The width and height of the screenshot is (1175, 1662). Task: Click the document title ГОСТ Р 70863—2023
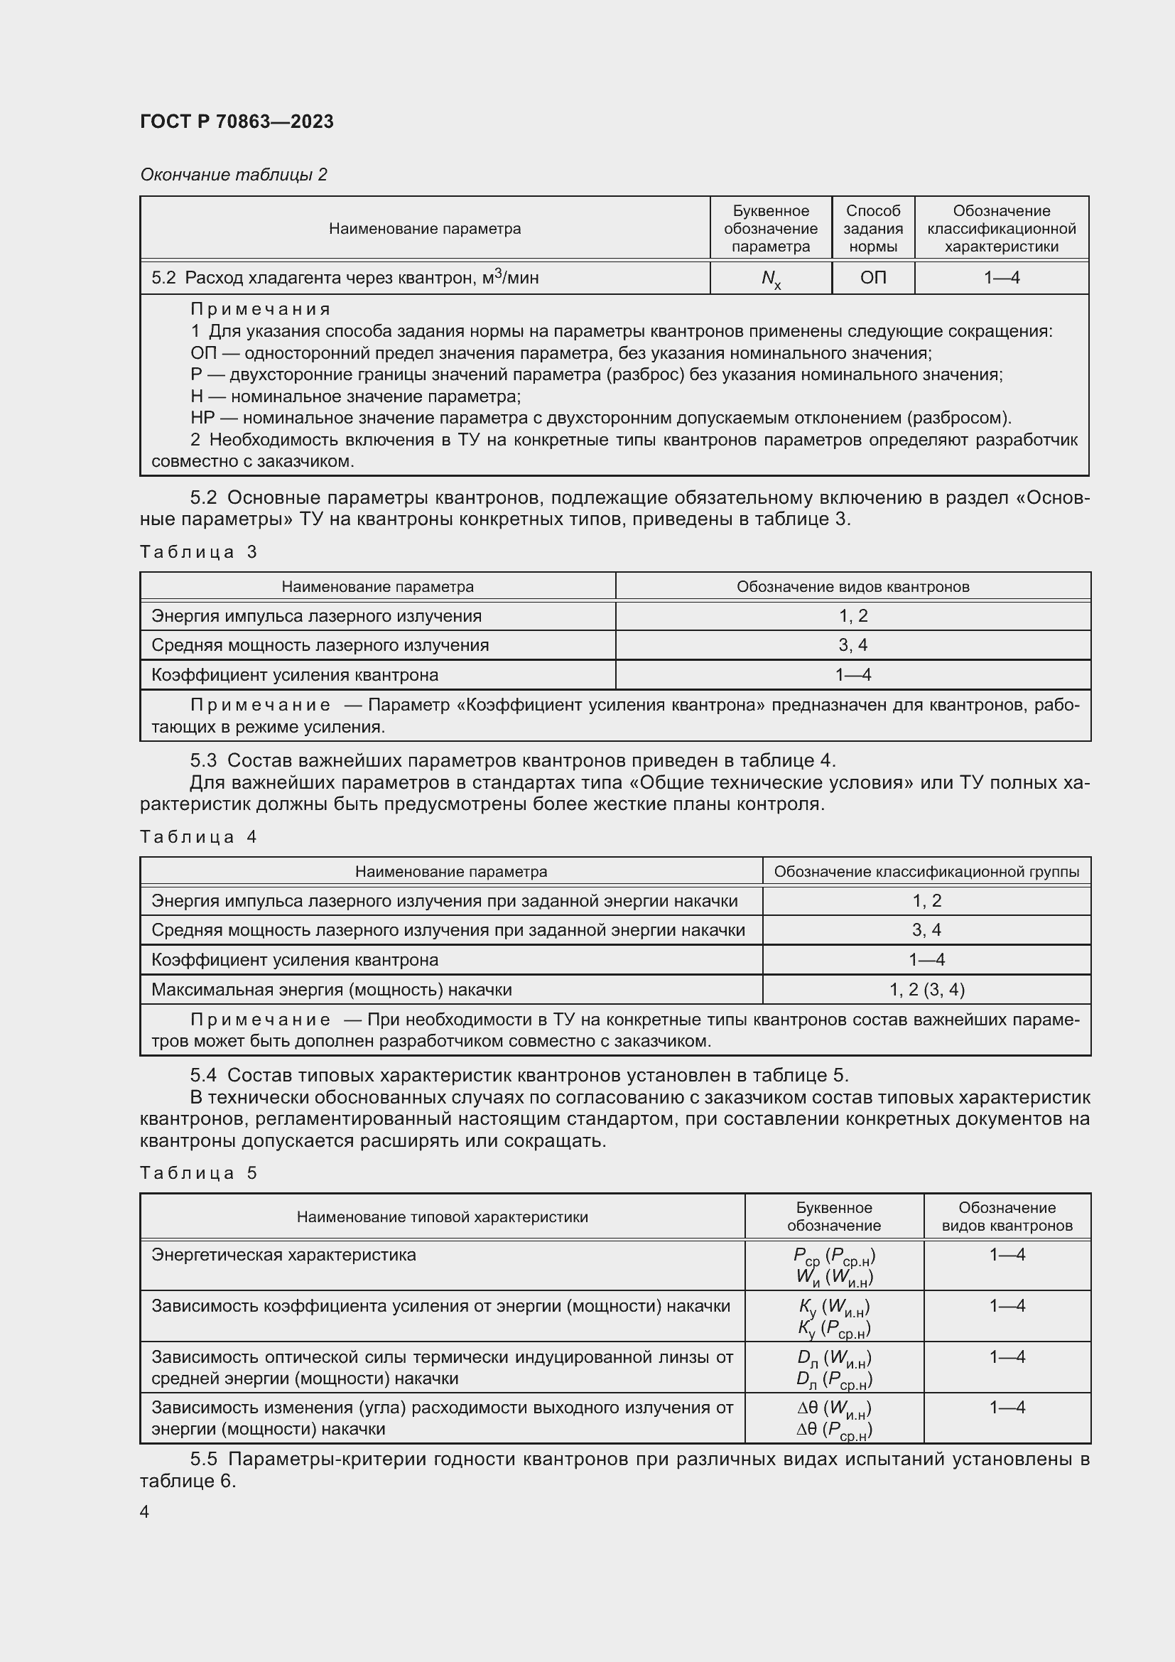[237, 122]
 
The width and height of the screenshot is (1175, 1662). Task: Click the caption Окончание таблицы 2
[233, 175]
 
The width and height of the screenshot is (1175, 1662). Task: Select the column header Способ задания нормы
[872, 228]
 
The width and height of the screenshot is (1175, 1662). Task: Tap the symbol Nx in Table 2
[771, 279]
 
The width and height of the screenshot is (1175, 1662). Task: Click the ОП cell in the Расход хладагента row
[872, 278]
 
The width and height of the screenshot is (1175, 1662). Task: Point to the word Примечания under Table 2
[261, 309]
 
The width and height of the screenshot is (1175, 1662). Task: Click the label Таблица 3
[198, 552]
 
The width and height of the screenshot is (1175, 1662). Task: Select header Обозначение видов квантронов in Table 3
[852, 586]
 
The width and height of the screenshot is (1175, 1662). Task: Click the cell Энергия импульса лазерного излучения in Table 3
[316, 616]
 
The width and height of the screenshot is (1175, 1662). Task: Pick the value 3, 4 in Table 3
[852, 645]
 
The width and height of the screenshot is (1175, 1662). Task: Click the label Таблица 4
[198, 837]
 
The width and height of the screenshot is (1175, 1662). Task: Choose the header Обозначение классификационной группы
[926, 872]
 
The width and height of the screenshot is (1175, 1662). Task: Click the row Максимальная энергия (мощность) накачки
[331, 990]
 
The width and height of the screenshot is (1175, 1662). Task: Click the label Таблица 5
[198, 1172]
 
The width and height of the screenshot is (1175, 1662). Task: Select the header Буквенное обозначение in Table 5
[833, 1216]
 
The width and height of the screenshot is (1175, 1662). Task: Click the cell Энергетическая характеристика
[283, 1254]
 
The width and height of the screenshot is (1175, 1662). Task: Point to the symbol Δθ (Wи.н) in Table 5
[833, 1408]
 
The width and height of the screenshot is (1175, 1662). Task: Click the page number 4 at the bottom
[145, 1511]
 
